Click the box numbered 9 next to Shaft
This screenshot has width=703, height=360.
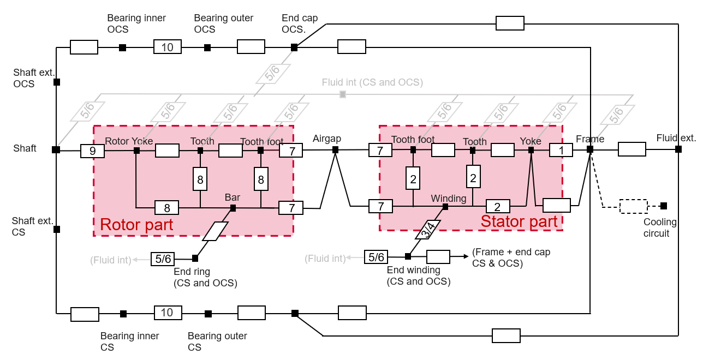click(92, 151)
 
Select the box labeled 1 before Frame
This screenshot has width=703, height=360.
click(561, 150)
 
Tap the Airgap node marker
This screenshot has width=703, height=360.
click(335, 149)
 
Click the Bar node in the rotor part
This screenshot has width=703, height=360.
click(233, 208)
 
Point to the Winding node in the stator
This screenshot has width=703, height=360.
click(445, 207)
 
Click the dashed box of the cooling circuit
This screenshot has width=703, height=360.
click(633, 206)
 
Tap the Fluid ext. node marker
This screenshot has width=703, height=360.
click(678, 149)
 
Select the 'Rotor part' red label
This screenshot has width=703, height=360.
click(136, 224)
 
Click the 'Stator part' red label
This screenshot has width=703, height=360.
click(519, 221)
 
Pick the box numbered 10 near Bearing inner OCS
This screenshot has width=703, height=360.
click(167, 47)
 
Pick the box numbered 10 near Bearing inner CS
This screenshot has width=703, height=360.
click(167, 313)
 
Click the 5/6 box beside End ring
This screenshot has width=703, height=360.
click(163, 259)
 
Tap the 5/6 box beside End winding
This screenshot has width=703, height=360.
click(376, 257)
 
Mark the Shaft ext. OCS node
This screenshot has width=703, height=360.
click(57, 82)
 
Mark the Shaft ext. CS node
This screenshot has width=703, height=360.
click(57, 230)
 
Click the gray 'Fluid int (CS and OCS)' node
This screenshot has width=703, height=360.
click(343, 94)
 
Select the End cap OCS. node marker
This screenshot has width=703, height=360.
click(294, 47)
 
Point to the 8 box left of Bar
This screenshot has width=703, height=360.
click(166, 208)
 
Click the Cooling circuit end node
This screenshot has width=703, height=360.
click(663, 206)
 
